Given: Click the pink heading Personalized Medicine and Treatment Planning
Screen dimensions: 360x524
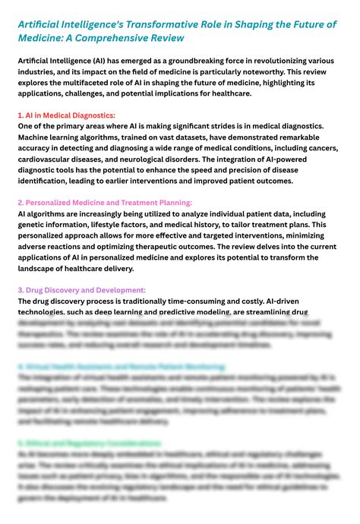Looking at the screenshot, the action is (x=104, y=203).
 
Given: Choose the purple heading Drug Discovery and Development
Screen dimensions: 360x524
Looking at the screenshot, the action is (x=81, y=290).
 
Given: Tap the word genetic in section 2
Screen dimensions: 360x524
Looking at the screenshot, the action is (x=36, y=225).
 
